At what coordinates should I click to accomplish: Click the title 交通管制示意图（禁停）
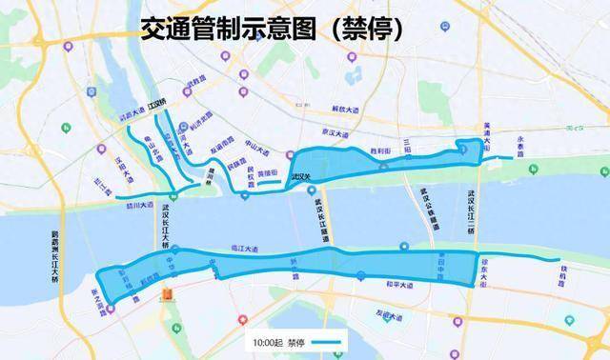[x=272, y=30]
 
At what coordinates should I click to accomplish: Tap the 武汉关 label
[x=301, y=176]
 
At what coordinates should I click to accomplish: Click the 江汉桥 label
[x=158, y=103]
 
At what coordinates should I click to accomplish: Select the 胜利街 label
[x=381, y=150]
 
